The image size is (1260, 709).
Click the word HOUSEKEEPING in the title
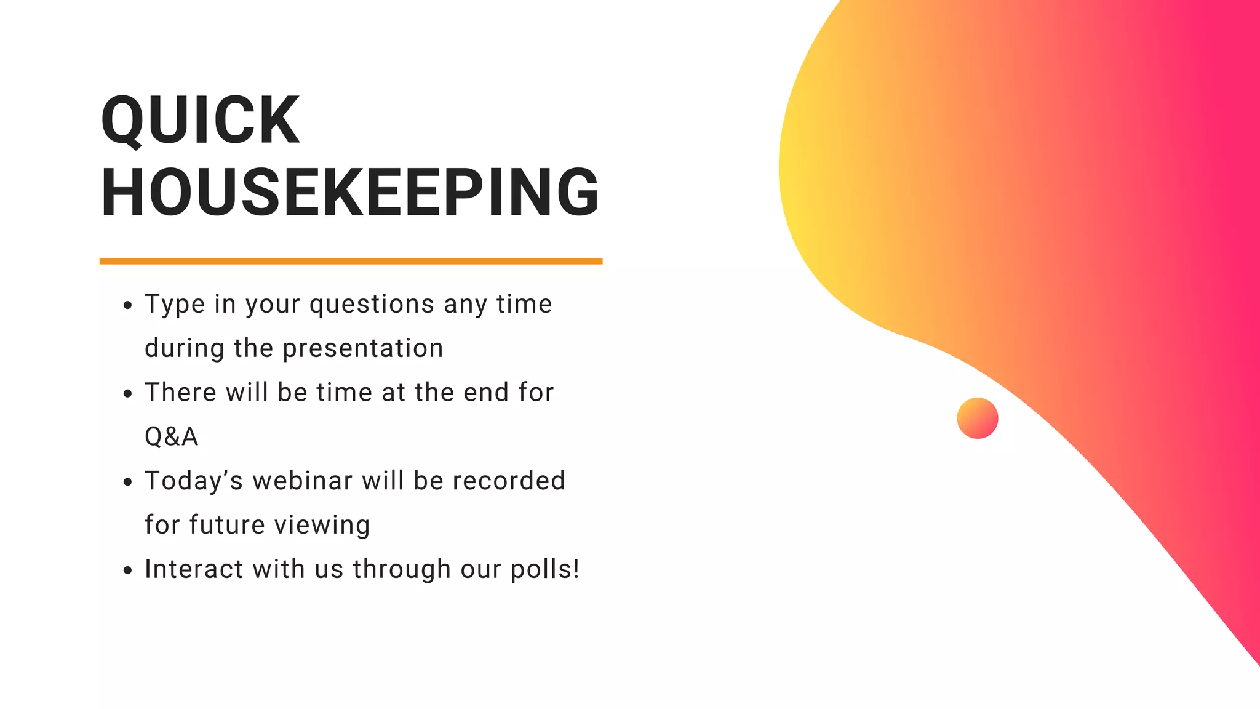coord(349,192)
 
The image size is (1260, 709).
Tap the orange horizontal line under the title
coord(351,262)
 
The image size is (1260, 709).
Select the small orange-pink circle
coord(977,418)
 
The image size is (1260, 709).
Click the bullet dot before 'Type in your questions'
coord(127,305)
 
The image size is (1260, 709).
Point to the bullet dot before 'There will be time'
coord(127,394)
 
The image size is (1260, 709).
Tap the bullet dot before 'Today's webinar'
coord(127,482)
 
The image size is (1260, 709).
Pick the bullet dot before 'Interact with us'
coord(127,571)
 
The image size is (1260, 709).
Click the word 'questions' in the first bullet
coord(372,305)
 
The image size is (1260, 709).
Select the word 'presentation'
coord(363,348)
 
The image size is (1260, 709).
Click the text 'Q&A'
coord(171,437)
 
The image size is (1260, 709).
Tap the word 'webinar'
coord(302,481)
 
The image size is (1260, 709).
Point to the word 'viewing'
coord(322,526)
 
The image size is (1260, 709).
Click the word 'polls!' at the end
coord(545,570)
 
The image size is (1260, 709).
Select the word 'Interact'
coord(194,569)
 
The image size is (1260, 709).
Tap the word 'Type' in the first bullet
coord(175,305)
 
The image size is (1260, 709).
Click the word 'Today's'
coord(194,481)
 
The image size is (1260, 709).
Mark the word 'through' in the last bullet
coord(402,570)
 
